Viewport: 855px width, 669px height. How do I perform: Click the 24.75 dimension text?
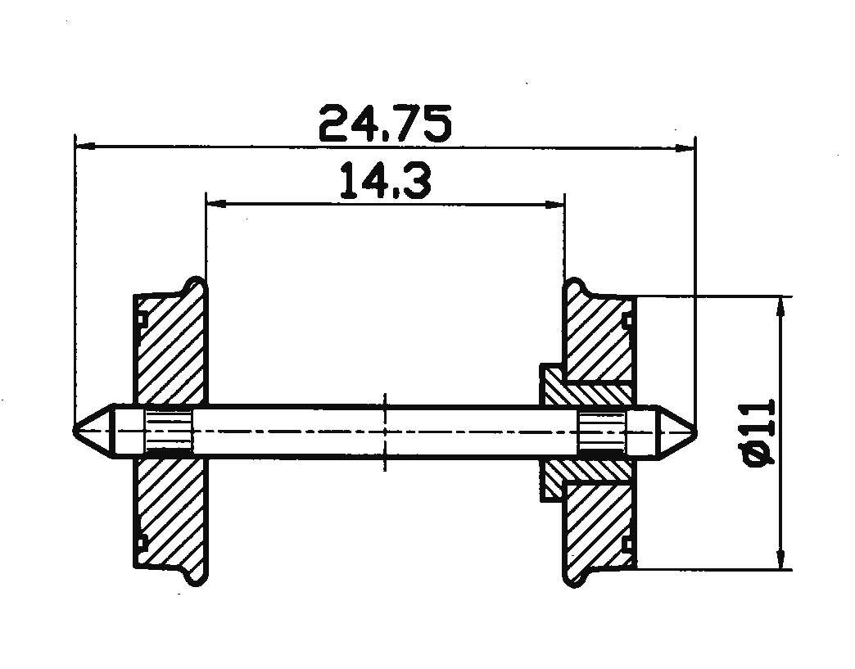coord(384,124)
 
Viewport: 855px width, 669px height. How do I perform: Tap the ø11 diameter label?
coord(758,433)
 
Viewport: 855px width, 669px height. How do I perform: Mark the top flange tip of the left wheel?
coord(196,283)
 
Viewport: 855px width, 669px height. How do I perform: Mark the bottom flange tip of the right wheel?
coord(573,581)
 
